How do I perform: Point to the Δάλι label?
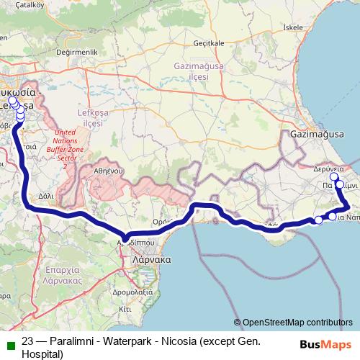pyautogui.click(x=45, y=194)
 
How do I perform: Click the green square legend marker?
pyautogui.click(x=8, y=343)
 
